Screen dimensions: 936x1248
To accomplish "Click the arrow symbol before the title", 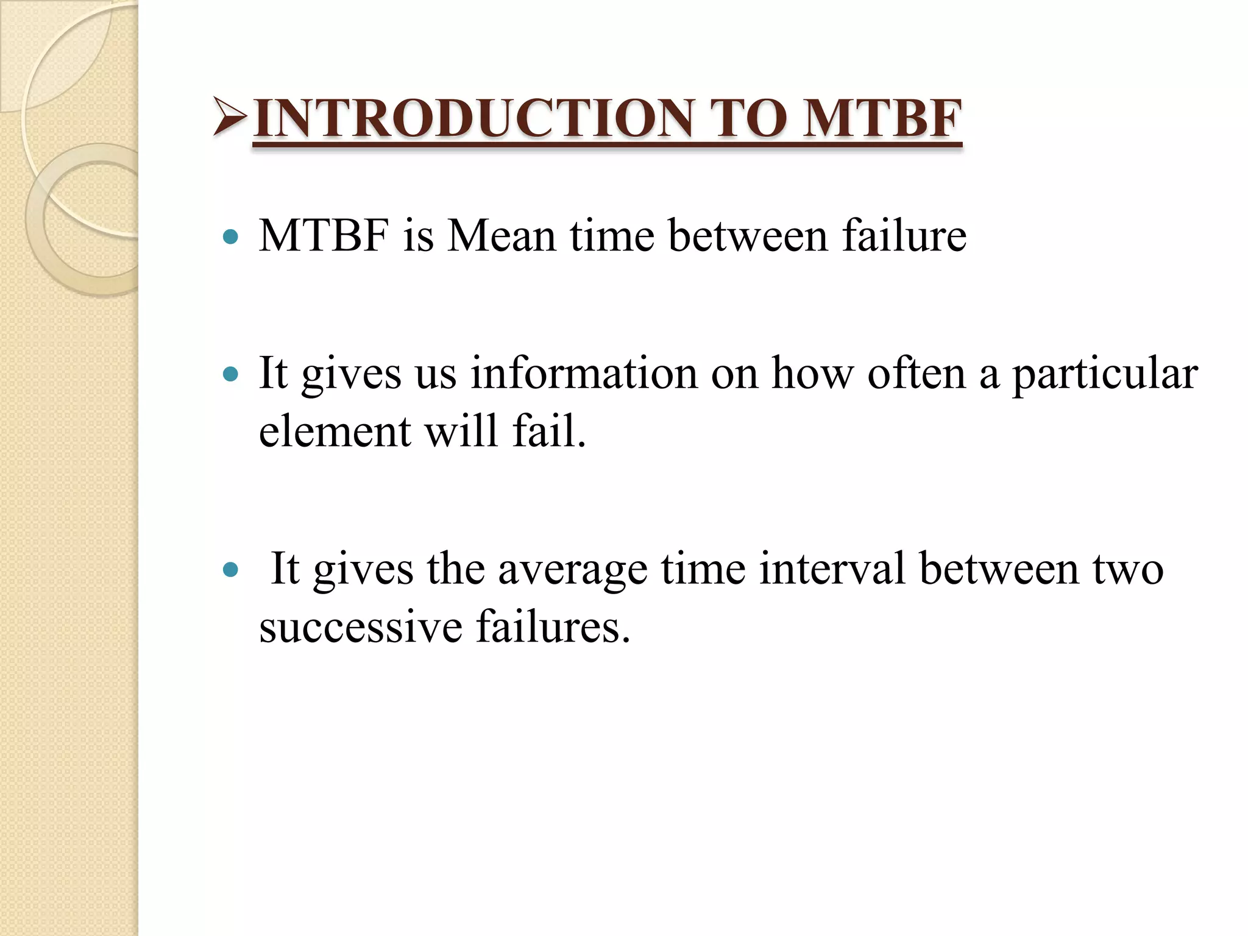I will click(230, 116).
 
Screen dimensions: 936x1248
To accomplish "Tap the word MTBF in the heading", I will click(882, 118).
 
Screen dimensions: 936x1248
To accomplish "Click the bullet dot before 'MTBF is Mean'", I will click(230, 236).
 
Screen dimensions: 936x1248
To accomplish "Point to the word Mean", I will click(501, 235).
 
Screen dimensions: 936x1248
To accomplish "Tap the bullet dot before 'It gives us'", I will click(230, 374).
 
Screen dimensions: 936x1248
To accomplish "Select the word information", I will click(584, 373).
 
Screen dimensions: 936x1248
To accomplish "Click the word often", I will click(916, 373).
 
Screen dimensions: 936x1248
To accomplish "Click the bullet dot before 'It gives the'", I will click(230, 570).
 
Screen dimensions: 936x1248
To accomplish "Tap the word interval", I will click(832, 569).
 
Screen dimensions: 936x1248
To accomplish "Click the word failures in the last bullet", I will click(552, 626).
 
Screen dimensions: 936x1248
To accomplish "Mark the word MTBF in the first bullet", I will click(324, 235).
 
